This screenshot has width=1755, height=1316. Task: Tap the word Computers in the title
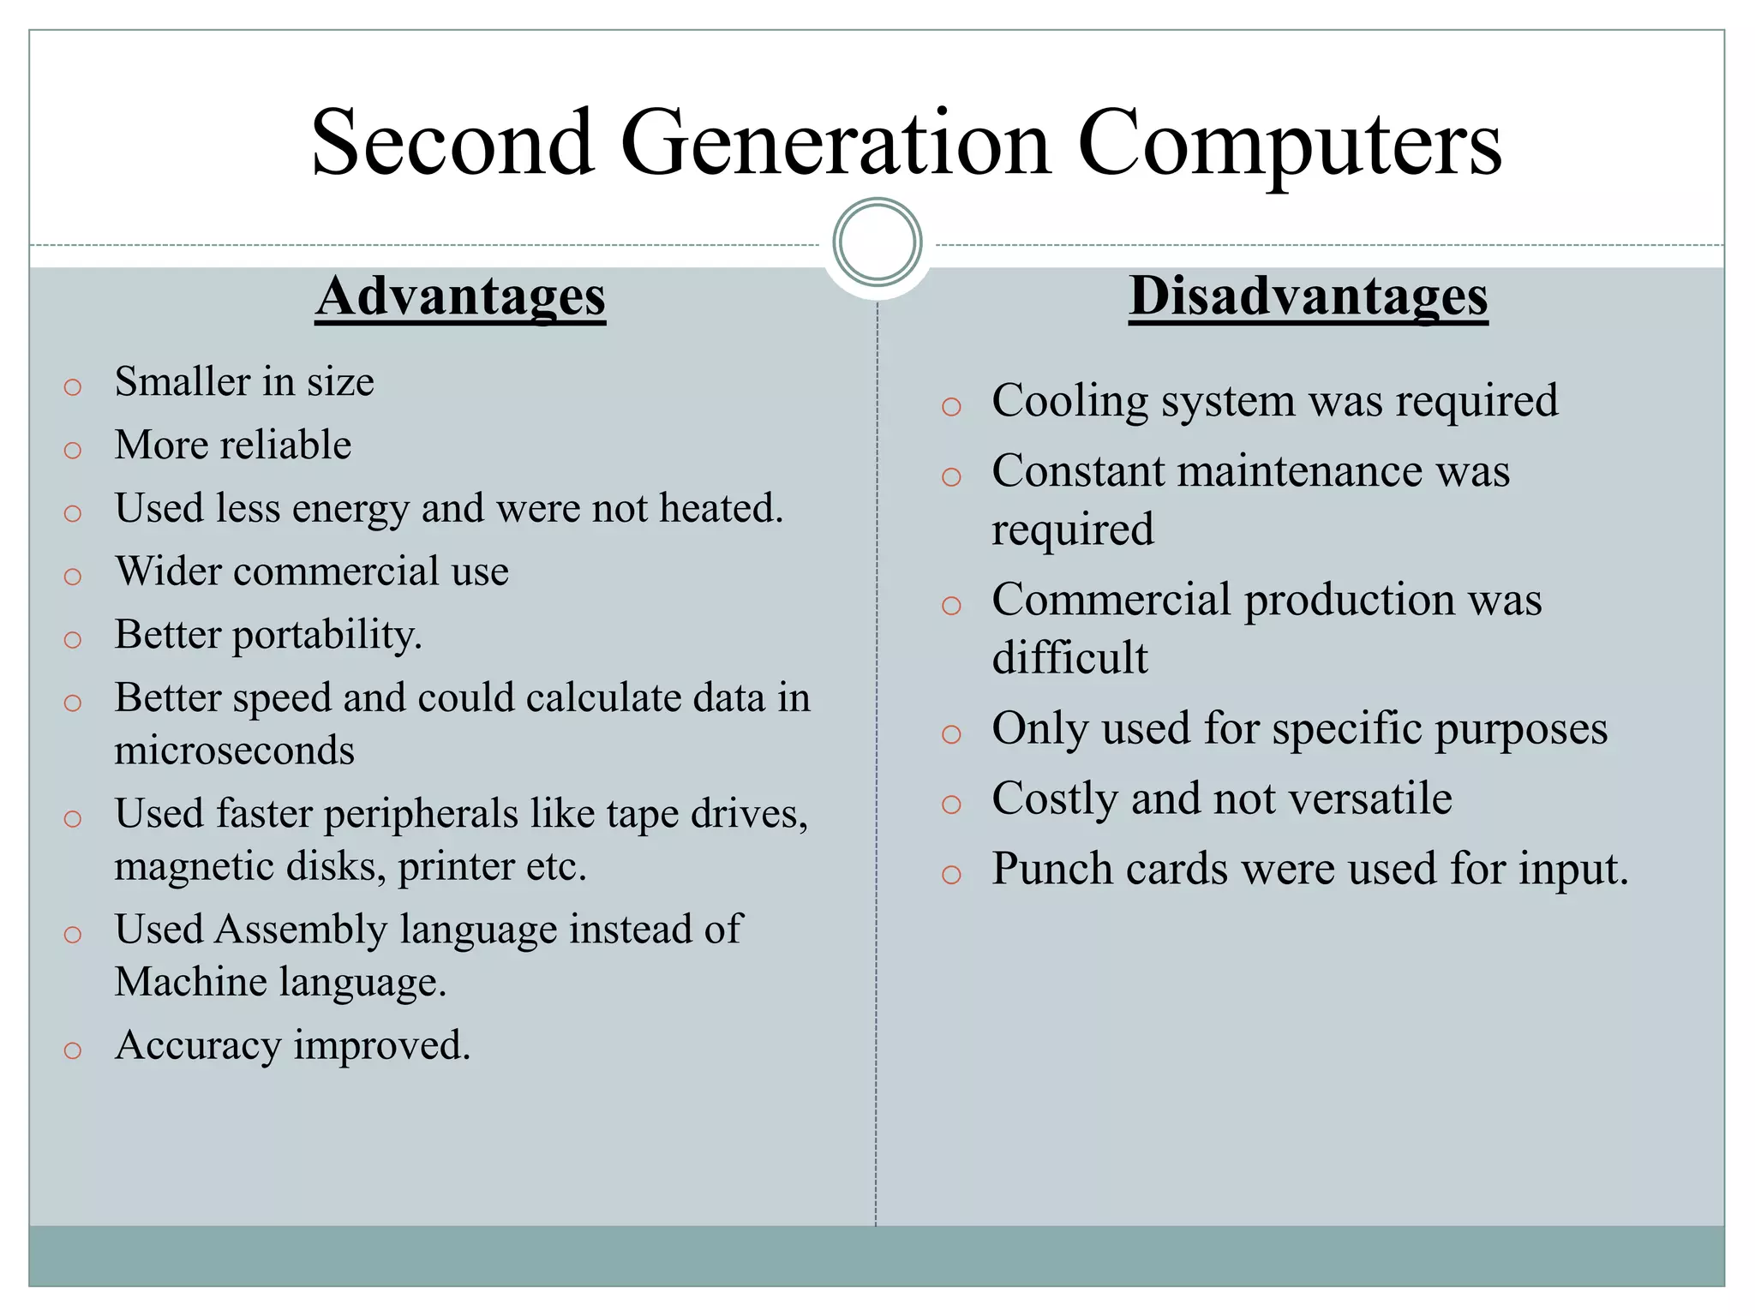[x=1289, y=144]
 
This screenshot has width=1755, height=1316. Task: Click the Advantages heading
[x=460, y=296]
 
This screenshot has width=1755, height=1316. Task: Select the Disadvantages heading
[x=1308, y=296]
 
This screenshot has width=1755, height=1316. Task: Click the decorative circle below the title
[x=877, y=242]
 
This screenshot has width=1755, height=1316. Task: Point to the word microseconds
[x=234, y=751]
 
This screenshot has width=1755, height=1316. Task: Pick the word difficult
[x=1069, y=658]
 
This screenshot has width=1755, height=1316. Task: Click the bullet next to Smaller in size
[x=73, y=387]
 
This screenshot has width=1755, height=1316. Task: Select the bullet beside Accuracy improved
[x=73, y=1050]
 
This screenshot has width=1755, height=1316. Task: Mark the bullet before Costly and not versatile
[x=951, y=805]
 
